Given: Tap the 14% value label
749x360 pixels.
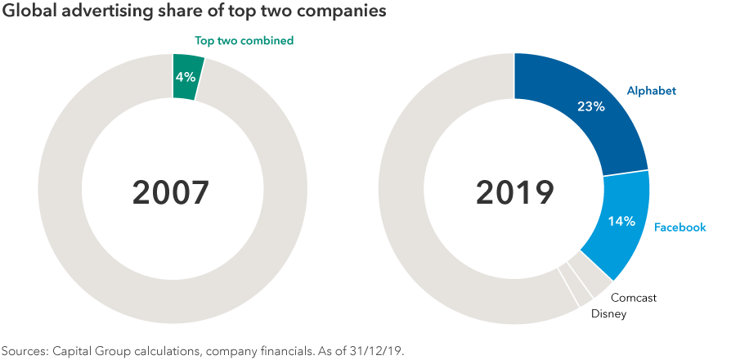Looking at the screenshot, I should pyautogui.click(x=622, y=222).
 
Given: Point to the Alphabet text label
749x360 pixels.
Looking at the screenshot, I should pyautogui.click(x=652, y=91).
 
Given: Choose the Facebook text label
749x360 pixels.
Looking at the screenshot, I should pyautogui.click(x=680, y=227).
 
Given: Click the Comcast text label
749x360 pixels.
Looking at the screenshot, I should pyautogui.click(x=634, y=298).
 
